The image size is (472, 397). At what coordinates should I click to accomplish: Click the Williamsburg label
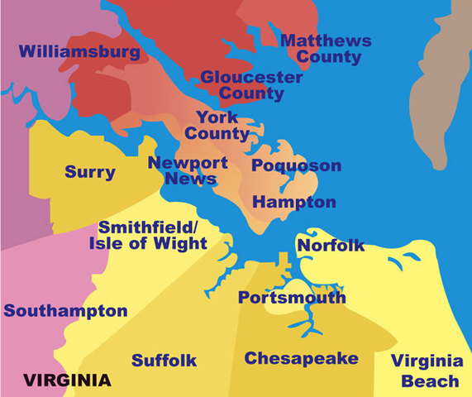click(x=79, y=52)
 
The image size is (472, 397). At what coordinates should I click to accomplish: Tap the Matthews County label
click(x=326, y=49)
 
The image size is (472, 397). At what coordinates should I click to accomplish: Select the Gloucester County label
click(x=251, y=86)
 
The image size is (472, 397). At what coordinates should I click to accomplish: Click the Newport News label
click(x=183, y=170)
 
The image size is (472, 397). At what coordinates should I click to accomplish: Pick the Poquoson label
click(x=296, y=165)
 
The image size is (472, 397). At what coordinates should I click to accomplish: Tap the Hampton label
click(x=294, y=202)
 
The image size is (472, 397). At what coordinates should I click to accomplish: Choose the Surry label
click(x=90, y=173)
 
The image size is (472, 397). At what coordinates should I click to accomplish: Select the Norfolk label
click(x=331, y=245)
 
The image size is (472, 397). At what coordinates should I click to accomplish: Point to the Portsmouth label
click(x=292, y=298)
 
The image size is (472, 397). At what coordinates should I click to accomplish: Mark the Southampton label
click(x=65, y=312)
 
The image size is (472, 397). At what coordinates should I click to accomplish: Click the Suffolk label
click(x=164, y=360)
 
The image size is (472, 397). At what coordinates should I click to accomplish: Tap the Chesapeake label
click(x=302, y=358)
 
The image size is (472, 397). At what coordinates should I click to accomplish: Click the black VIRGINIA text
click(x=66, y=380)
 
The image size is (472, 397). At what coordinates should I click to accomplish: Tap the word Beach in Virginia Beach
click(x=431, y=380)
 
